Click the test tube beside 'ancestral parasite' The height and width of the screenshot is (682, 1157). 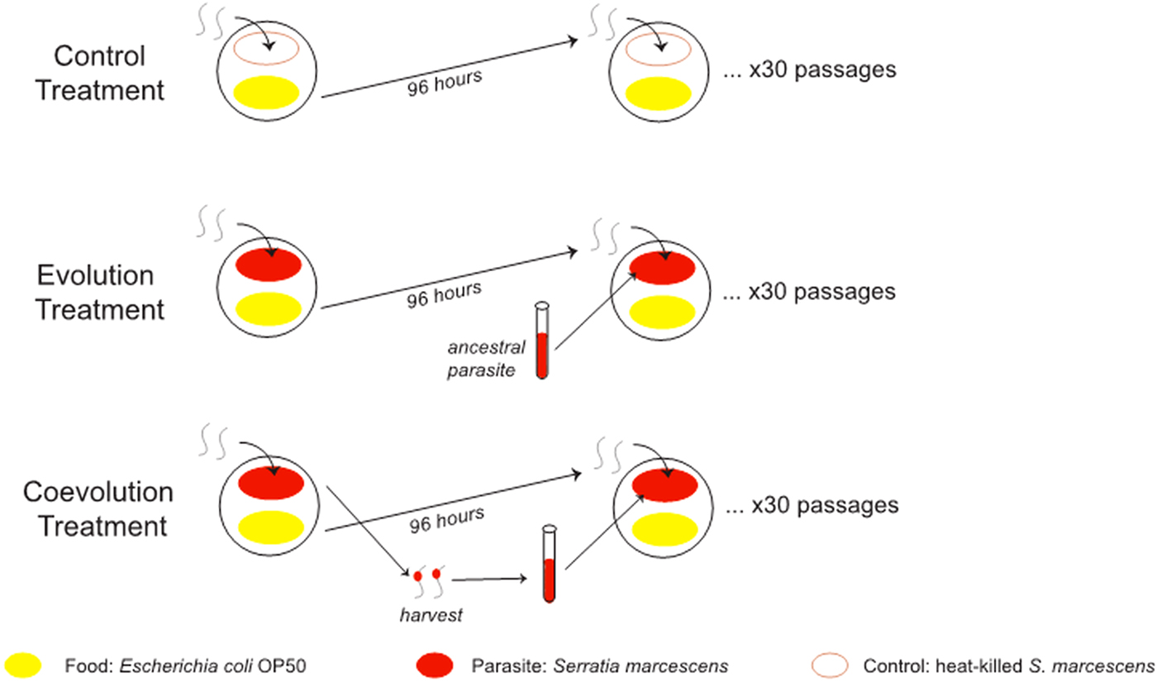541,341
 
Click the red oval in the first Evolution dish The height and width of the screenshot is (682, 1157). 269,266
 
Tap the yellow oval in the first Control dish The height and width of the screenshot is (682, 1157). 269,91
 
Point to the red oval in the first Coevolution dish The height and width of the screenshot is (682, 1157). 270,484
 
